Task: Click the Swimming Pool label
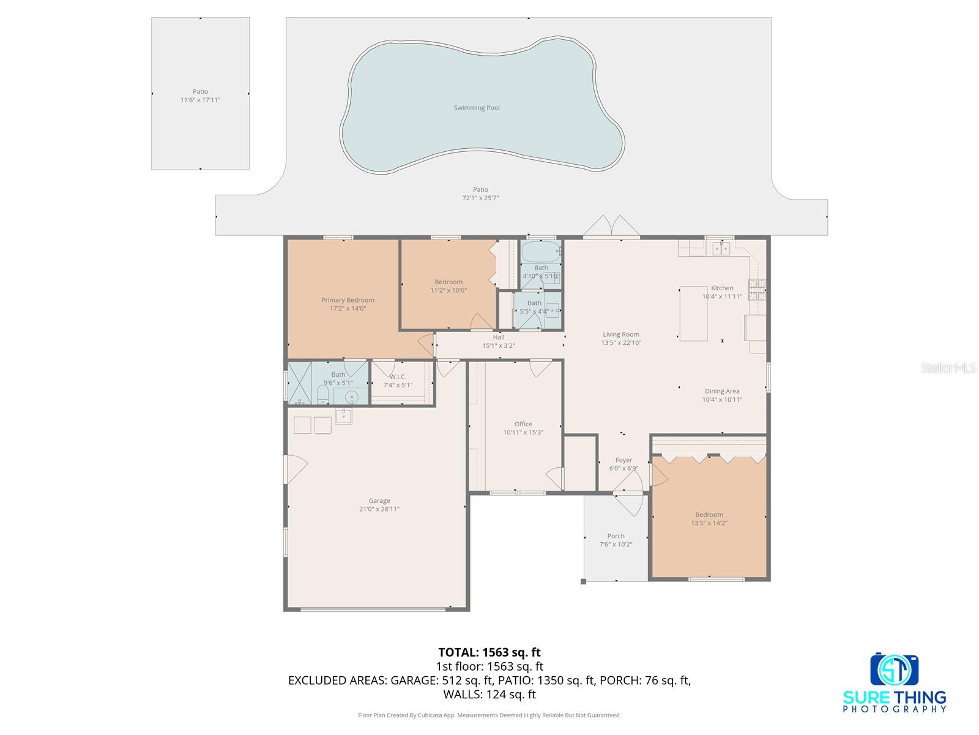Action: (477, 108)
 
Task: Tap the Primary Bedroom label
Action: (348, 300)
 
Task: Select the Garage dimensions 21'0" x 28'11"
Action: (379, 509)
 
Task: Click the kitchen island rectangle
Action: (693, 313)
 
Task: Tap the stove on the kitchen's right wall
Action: (757, 290)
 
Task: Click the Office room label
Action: (523, 424)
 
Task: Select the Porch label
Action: (616, 536)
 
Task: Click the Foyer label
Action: (624, 460)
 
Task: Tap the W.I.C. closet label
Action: (398, 377)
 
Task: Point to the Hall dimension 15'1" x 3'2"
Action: (499, 345)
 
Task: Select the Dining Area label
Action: (722, 391)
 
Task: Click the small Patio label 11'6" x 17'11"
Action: (200, 100)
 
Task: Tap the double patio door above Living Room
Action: (611, 227)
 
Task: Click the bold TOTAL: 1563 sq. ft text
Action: (489, 652)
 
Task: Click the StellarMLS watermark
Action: (948, 367)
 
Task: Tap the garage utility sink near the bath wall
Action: (343, 417)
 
